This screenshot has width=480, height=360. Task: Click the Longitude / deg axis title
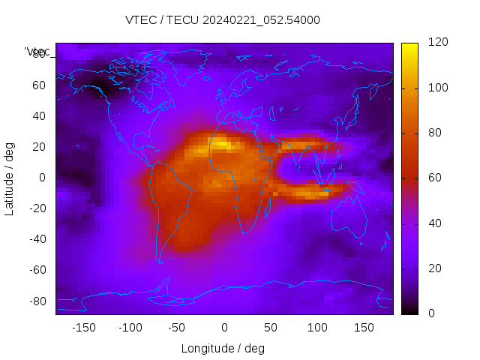tap(223, 349)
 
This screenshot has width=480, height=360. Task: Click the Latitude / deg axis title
tap(10, 178)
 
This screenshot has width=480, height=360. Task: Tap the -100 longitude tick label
tap(130, 328)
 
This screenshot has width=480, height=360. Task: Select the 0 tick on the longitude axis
tap(223, 328)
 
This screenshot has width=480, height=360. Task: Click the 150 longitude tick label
tap(364, 328)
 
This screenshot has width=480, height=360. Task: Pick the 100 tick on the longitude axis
tap(317, 328)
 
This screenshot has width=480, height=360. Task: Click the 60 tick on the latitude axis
tap(39, 85)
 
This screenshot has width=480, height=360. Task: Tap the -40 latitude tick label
tap(37, 239)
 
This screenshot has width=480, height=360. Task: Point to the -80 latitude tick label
tap(37, 301)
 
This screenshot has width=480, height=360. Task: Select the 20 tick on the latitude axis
tap(39, 146)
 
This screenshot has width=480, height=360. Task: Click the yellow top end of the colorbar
tap(409, 46)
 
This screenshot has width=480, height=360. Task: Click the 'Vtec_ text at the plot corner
tap(37, 52)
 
